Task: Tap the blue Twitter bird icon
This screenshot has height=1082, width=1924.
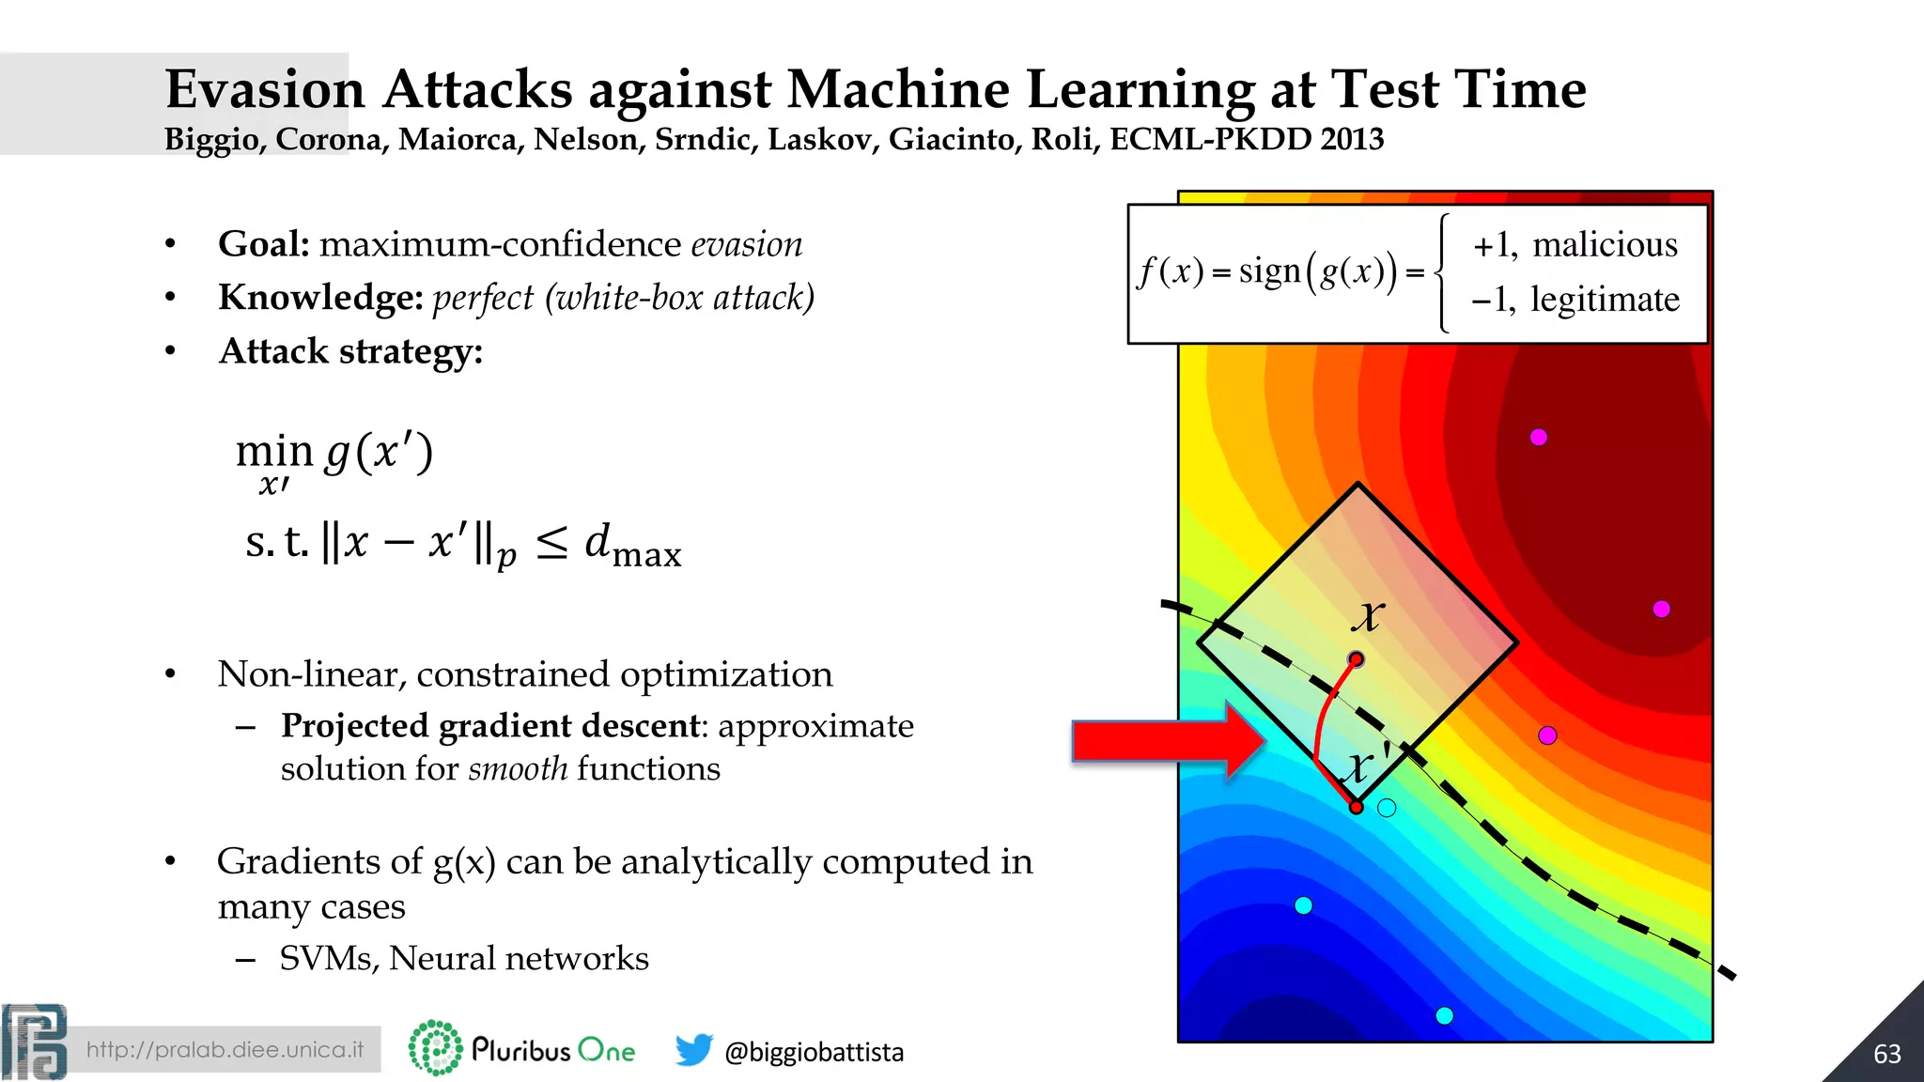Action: (x=693, y=1049)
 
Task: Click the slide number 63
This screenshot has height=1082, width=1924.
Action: (x=1886, y=1054)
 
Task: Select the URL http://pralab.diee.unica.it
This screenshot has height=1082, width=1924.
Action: (x=225, y=1049)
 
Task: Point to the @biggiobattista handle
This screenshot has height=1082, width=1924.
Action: (x=814, y=1052)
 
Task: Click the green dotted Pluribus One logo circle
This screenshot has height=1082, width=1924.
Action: (x=435, y=1047)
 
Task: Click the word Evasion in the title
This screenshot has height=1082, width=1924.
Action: (x=265, y=90)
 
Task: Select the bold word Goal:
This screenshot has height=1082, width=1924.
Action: (x=264, y=244)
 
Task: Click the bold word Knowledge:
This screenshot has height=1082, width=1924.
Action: (x=320, y=298)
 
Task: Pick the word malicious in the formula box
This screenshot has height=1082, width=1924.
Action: (x=1605, y=245)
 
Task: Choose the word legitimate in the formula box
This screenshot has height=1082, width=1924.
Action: (x=1605, y=300)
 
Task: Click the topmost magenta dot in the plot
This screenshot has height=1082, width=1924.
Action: (x=1538, y=437)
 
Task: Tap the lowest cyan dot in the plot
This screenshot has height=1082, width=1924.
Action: (x=1445, y=1015)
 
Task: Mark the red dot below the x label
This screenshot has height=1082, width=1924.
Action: (x=1356, y=659)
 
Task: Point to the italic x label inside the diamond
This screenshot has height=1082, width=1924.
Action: (x=1368, y=616)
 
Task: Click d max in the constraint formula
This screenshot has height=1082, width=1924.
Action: (x=632, y=545)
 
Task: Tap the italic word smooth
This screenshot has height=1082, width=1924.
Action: (x=518, y=769)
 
